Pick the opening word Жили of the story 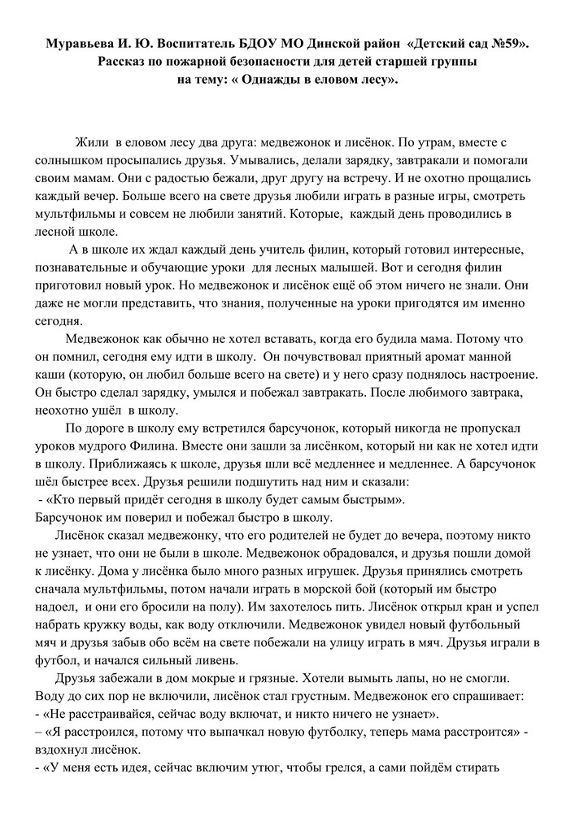tap(92, 143)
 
